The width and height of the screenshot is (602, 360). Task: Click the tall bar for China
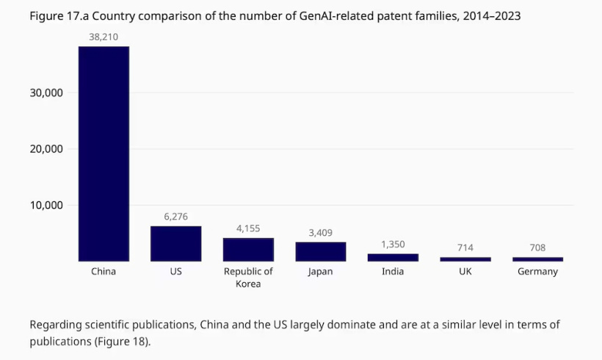pos(104,154)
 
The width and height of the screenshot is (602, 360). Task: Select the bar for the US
pos(175,243)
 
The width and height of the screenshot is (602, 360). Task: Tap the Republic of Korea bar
pos(248,249)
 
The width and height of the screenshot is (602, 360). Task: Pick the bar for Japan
pos(320,251)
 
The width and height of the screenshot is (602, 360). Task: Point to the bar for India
pos(393,257)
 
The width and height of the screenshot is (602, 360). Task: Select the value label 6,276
pos(175,216)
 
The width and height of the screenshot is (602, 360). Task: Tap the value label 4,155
pos(248,228)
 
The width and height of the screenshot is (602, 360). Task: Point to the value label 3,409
pos(320,233)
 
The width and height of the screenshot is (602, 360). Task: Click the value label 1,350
pos(393,244)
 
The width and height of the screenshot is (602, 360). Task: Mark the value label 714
pos(465,248)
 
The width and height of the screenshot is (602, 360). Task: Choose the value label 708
pos(537,248)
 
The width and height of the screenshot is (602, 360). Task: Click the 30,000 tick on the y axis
pos(47,93)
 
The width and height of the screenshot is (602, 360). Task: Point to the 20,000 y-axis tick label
pos(47,149)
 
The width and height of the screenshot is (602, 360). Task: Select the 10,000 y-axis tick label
pos(47,205)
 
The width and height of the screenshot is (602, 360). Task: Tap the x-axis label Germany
pos(537,271)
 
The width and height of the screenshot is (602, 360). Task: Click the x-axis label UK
pos(465,271)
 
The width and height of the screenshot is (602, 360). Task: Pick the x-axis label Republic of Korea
pos(248,277)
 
